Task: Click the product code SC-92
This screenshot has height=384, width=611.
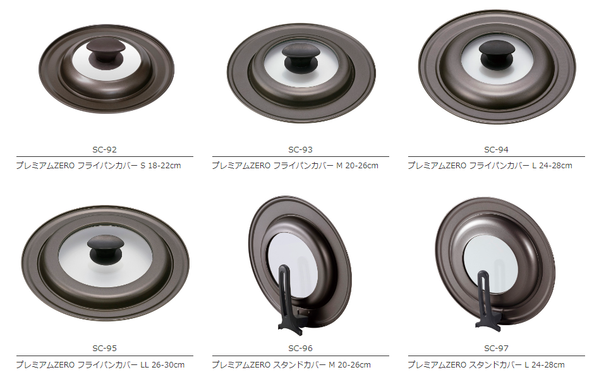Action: [104, 149]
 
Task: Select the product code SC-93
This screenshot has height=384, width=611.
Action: [300, 149]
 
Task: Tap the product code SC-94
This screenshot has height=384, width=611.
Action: [496, 149]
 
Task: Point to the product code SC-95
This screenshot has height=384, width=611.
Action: [104, 348]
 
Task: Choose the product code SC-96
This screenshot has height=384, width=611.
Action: [300, 348]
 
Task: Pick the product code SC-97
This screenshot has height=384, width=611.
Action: [496, 348]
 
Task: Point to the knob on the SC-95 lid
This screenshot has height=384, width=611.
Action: [106, 250]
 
